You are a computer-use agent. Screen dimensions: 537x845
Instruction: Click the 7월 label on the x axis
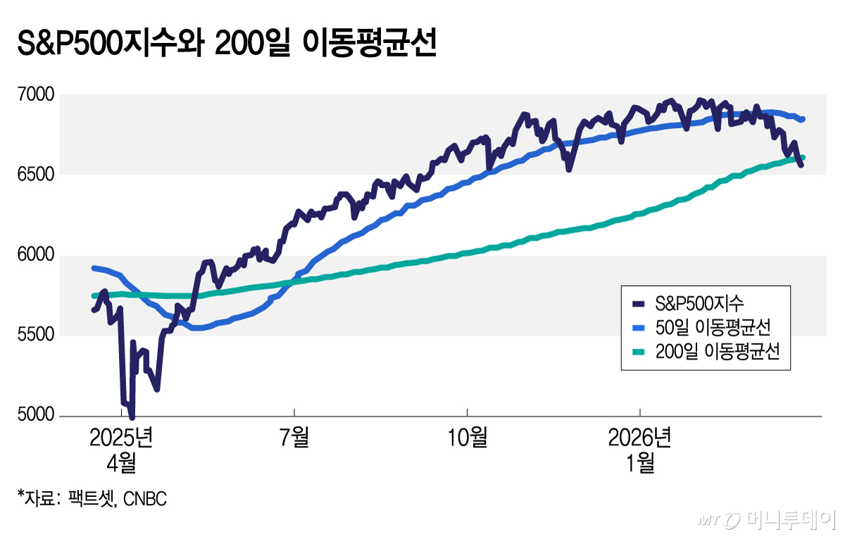(x=294, y=438)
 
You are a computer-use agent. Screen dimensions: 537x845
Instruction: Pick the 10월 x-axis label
(x=468, y=438)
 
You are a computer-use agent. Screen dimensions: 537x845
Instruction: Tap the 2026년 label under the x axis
(x=640, y=438)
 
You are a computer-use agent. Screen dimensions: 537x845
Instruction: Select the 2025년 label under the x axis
(x=121, y=438)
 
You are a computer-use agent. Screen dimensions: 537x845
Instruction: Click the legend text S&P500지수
(x=699, y=303)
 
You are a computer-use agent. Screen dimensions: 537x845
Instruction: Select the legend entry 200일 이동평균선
(x=717, y=351)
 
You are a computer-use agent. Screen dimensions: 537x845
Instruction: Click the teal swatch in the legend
(x=639, y=351)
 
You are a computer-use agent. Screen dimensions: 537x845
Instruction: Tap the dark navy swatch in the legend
(x=639, y=303)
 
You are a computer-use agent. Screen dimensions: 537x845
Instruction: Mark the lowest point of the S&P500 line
(x=132, y=417)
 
